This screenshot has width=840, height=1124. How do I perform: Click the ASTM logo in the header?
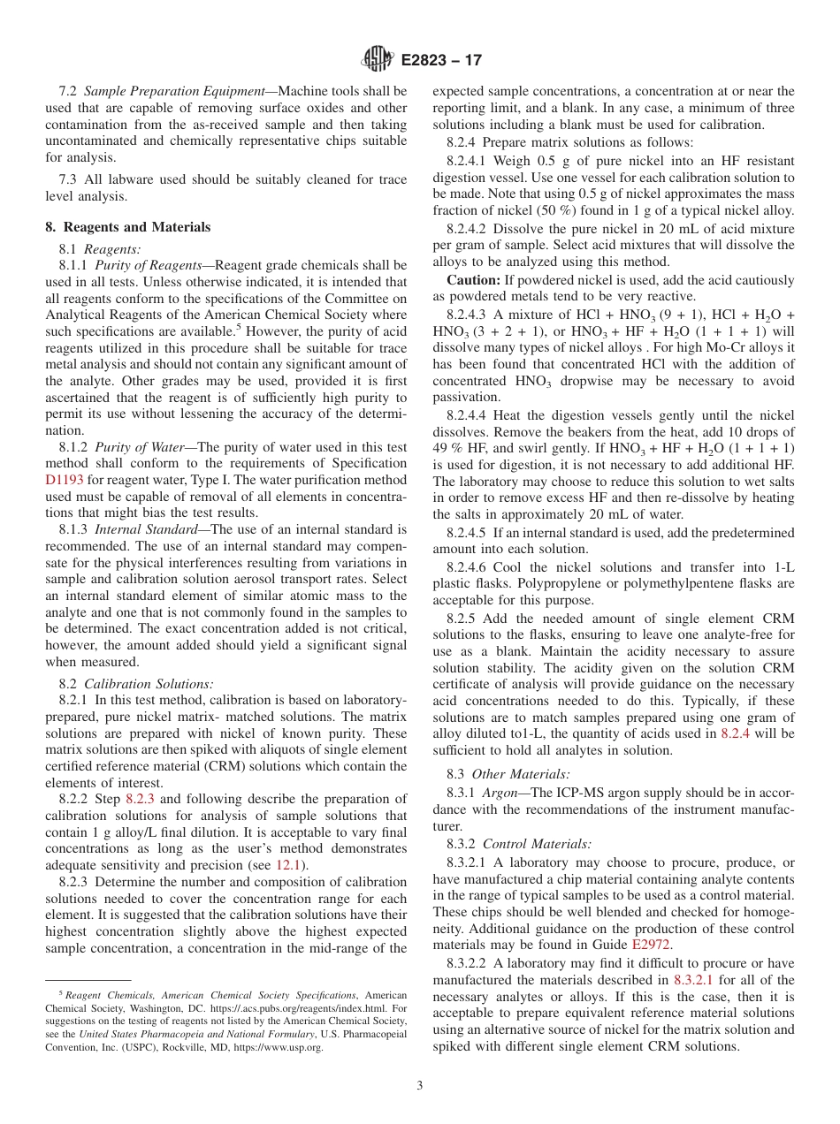(x=378, y=60)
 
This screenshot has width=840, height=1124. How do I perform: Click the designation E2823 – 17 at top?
(x=441, y=61)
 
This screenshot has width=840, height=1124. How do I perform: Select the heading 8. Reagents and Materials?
(x=127, y=227)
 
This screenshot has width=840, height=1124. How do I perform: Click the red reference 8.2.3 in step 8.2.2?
(x=140, y=799)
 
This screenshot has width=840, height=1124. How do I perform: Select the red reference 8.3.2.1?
(x=694, y=980)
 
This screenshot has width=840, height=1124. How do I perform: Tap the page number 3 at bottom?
(x=419, y=1086)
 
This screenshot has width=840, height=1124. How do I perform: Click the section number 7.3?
(x=70, y=179)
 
